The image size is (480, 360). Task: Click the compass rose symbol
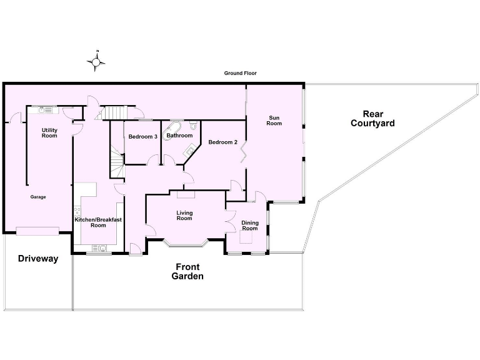coord(96,61)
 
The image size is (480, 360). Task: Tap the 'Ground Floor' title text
coord(241,73)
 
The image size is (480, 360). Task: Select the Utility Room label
coord(49,133)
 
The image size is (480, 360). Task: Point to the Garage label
coord(38,197)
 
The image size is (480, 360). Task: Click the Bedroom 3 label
coord(142,136)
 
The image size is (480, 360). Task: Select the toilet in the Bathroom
coord(194,126)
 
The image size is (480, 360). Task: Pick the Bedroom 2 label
coord(223,142)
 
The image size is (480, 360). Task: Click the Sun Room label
coord(274,120)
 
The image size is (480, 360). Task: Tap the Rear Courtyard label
coord(372,119)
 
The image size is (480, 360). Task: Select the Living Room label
coord(184,216)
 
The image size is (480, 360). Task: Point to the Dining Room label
coord(250,226)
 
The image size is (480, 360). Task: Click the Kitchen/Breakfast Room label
coord(98,222)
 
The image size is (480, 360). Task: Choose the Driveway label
coord(37,258)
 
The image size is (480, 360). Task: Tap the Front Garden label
coord(187,271)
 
